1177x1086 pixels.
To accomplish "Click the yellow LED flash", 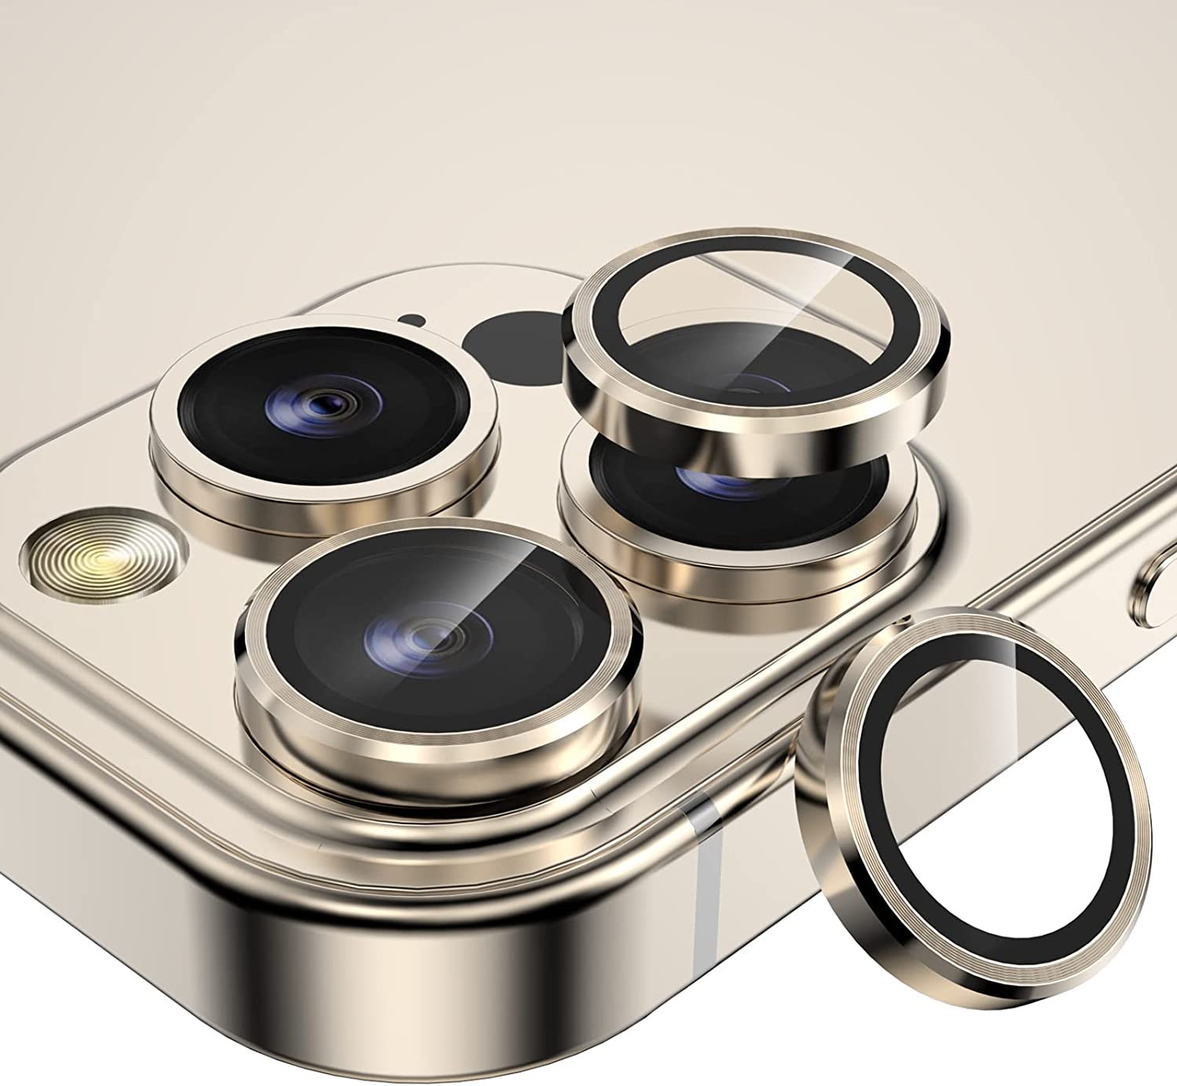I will [103, 559].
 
